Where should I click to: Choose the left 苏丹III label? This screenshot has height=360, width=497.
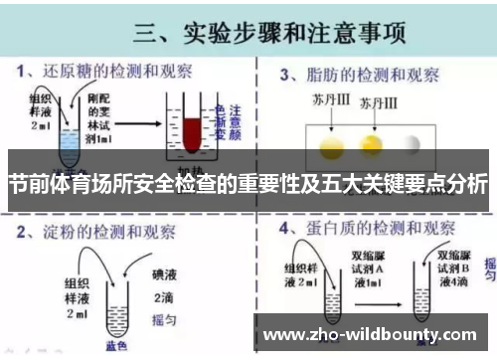(x=323, y=101)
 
